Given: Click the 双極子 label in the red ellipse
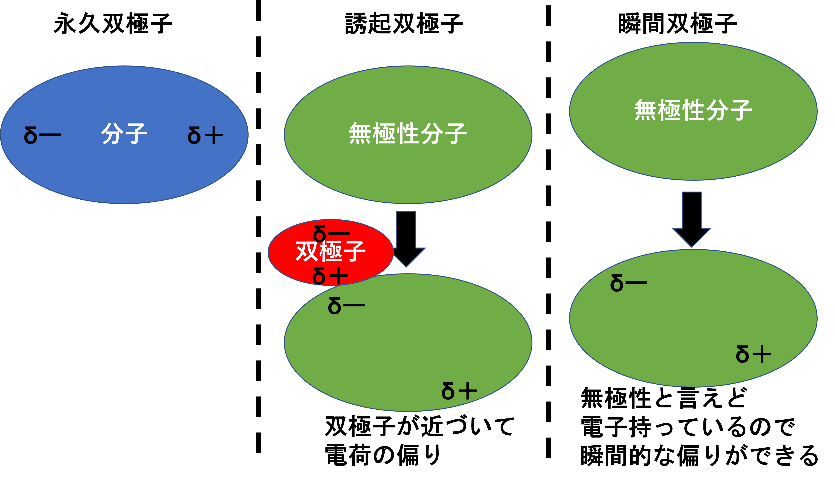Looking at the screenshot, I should point(330,251).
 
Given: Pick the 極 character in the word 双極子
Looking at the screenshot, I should point(330,251).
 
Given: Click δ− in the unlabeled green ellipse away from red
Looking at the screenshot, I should point(628,283).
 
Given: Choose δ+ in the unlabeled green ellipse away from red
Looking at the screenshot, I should point(753,354).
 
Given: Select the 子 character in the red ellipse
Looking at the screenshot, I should point(354,251).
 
